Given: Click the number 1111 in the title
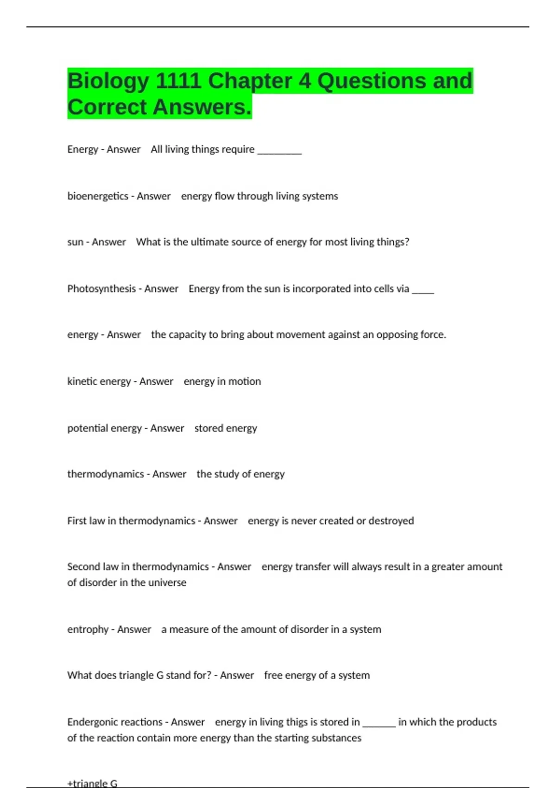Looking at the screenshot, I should click(x=178, y=81).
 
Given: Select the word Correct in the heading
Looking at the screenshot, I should click(x=107, y=108).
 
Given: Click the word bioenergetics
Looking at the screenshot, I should click(x=98, y=196).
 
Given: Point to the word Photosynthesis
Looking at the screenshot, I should click(x=101, y=289).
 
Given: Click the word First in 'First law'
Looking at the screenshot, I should click(x=76, y=521).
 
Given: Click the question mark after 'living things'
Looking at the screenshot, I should click(x=407, y=242).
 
